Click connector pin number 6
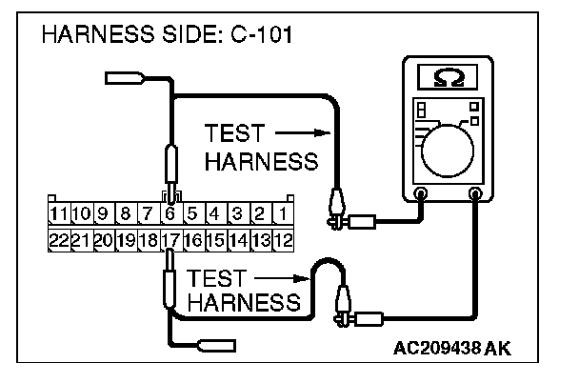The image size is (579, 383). pyautogui.click(x=170, y=213)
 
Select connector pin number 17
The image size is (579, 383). pyautogui.click(x=170, y=240)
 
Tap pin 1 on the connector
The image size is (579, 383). pyautogui.click(x=283, y=213)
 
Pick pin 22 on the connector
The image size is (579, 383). pyautogui.click(x=59, y=240)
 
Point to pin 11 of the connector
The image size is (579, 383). pyautogui.click(x=59, y=213)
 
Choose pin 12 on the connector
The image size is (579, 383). pyautogui.click(x=284, y=240)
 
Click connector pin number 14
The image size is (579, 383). pyautogui.click(x=238, y=240)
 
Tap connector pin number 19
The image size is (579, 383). pyautogui.click(x=126, y=240)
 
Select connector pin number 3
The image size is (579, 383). pyautogui.click(x=237, y=213)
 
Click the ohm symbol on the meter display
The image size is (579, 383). pyautogui.click(x=449, y=77)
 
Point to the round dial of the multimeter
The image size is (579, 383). pyautogui.click(x=448, y=151)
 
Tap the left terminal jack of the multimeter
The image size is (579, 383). pyautogui.click(x=421, y=193)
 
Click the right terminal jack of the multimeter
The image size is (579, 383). pyautogui.click(x=475, y=193)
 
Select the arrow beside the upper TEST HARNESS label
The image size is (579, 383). pyautogui.click(x=303, y=132)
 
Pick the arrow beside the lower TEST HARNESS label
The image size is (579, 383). pyautogui.click(x=283, y=278)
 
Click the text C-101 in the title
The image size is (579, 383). pyautogui.click(x=262, y=34)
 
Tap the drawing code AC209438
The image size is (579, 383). pyautogui.click(x=437, y=348)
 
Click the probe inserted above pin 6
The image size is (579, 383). pyautogui.click(x=171, y=173)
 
